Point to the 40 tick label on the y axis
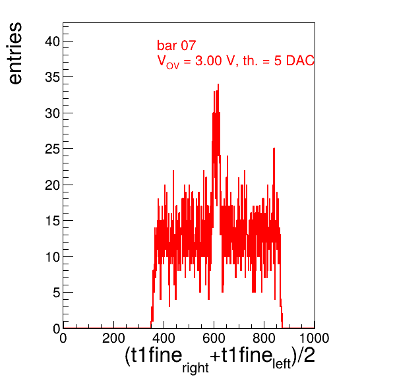53,42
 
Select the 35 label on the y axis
53,77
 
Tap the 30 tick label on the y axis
53,113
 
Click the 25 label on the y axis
53,149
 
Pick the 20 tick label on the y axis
53,185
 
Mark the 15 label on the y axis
53,221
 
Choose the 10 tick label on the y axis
53,257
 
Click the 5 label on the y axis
57,293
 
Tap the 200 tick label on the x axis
113,338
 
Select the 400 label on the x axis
164,338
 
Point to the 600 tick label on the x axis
214,338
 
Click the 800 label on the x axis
264,338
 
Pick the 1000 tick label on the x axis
314,338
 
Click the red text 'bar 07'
176,45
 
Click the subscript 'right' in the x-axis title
195,368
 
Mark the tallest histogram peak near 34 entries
218,84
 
